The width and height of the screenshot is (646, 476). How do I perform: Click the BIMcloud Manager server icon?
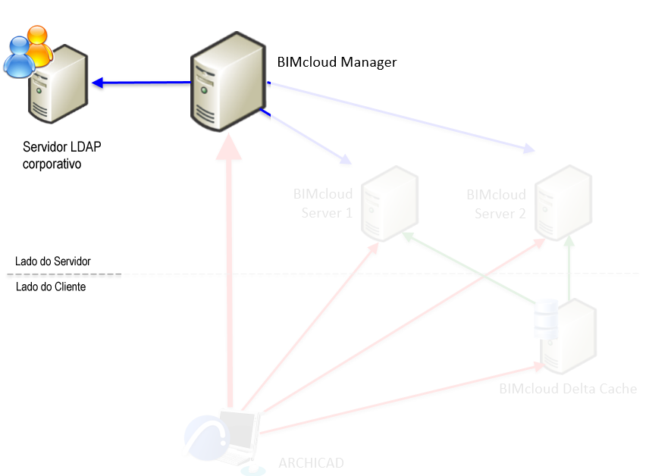point(227,82)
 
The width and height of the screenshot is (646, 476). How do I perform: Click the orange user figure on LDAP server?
point(38,44)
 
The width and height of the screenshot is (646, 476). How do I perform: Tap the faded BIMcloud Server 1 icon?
point(389,205)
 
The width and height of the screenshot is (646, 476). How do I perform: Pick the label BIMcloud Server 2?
point(497,204)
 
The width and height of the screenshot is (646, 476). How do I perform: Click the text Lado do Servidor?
point(53,261)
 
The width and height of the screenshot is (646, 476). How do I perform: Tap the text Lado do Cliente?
point(51,287)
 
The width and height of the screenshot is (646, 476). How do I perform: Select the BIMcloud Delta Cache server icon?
point(567,334)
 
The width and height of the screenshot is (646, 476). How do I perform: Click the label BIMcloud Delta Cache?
point(567,389)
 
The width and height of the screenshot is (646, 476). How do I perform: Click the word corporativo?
point(52,163)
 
